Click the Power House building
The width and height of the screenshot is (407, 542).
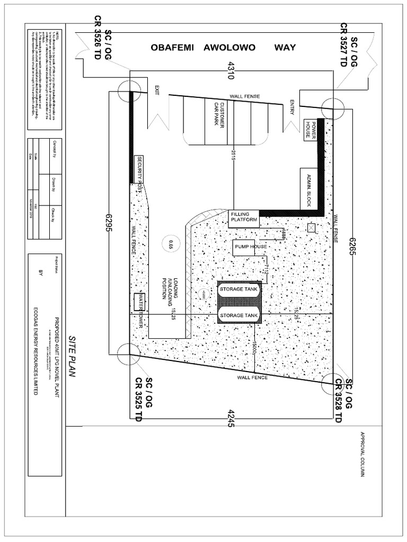click(310, 130)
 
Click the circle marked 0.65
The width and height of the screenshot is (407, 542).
click(171, 243)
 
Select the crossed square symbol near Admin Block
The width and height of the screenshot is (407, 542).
click(311, 228)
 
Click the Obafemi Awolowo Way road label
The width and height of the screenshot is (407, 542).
click(223, 48)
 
